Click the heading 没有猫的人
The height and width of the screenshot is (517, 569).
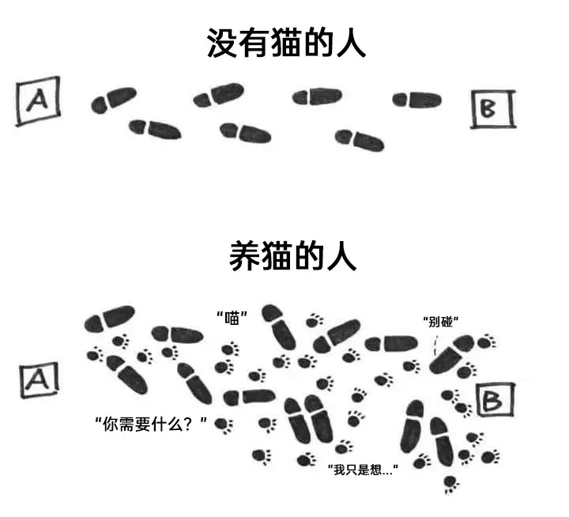(286, 43)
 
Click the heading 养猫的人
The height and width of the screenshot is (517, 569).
(293, 256)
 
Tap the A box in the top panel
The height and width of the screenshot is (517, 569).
(38, 100)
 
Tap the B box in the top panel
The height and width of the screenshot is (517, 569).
(493, 109)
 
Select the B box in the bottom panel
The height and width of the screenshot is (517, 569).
(496, 400)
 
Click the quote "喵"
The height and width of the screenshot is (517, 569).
(232, 319)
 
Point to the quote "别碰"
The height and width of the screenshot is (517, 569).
(440, 322)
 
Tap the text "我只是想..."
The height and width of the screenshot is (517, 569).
(363, 470)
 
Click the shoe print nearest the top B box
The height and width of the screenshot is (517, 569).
(417, 100)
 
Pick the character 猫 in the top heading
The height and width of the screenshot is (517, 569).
(286, 43)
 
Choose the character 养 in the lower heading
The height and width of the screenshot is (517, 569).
(244, 256)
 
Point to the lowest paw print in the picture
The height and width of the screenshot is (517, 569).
(451, 484)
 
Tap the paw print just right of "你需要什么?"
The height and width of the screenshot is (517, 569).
(224, 425)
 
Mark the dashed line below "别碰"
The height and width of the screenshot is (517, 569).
(435, 345)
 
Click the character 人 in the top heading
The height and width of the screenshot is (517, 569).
(351, 43)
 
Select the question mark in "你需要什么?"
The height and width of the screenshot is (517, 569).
(187, 424)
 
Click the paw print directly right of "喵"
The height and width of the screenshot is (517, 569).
(315, 321)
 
